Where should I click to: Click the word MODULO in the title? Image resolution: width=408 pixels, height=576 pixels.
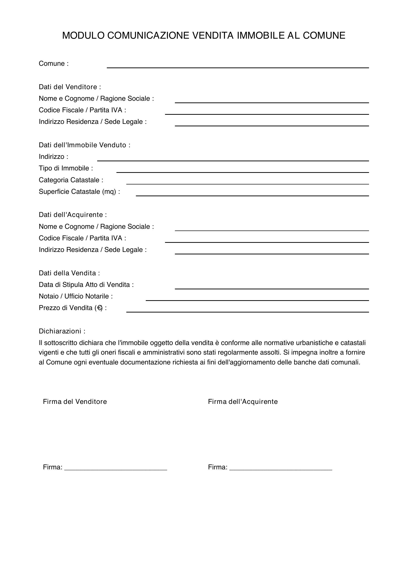(x=83, y=36)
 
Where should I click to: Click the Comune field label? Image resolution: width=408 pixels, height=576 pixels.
(x=54, y=64)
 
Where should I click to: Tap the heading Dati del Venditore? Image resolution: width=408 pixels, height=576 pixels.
(x=70, y=87)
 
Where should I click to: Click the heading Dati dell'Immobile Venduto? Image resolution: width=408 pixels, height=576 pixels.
(x=84, y=145)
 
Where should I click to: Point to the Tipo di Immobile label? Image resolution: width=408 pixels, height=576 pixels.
(x=66, y=168)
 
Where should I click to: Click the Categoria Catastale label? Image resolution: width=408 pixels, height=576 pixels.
(x=71, y=180)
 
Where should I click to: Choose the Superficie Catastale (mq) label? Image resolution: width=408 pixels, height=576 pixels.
(x=79, y=191)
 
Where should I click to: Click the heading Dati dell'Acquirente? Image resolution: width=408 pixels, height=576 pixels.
(x=73, y=215)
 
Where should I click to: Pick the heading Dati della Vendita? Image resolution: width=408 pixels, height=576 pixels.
(x=69, y=273)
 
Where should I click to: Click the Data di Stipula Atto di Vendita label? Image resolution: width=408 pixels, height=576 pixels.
(x=86, y=284)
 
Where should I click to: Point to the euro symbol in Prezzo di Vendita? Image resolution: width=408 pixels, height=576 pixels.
(x=99, y=308)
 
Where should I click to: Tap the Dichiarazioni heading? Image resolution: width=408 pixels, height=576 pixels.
(x=62, y=331)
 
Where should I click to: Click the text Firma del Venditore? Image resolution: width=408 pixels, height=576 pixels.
(x=75, y=402)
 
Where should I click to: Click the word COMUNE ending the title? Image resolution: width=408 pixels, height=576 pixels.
(x=324, y=36)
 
